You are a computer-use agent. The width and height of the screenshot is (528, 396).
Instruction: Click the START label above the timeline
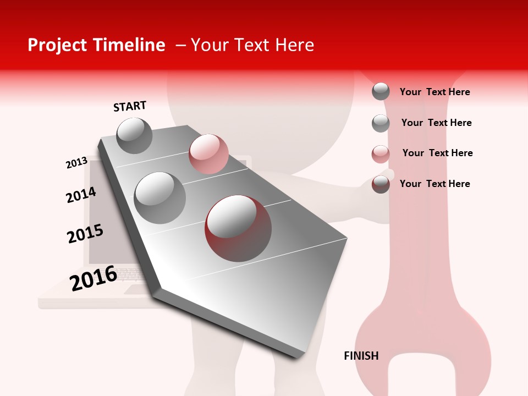pos(130,106)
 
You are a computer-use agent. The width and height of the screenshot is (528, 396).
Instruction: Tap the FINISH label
pos(361,356)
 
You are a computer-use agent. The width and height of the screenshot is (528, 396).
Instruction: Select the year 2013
pos(76,163)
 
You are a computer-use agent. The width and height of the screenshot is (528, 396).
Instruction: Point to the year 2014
pos(81,195)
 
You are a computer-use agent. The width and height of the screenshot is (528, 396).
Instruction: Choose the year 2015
pos(85,234)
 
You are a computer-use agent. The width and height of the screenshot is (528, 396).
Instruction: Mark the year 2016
pos(94,278)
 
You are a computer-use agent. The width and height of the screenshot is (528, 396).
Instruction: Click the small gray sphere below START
pos(134,135)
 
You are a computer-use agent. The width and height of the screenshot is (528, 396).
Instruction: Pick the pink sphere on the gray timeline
pos(208,153)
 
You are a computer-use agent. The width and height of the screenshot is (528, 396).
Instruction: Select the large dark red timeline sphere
pos(238,228)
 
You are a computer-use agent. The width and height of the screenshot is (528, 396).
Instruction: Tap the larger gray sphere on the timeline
pos(159,197)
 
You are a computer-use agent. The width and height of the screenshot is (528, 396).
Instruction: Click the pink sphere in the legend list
pos(381,154)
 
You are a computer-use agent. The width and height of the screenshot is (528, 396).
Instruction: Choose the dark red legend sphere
pos(381,184)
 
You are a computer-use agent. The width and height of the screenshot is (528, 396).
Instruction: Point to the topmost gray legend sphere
pos(381,91)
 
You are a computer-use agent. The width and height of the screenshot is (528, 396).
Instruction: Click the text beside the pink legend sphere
pos(437,153)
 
